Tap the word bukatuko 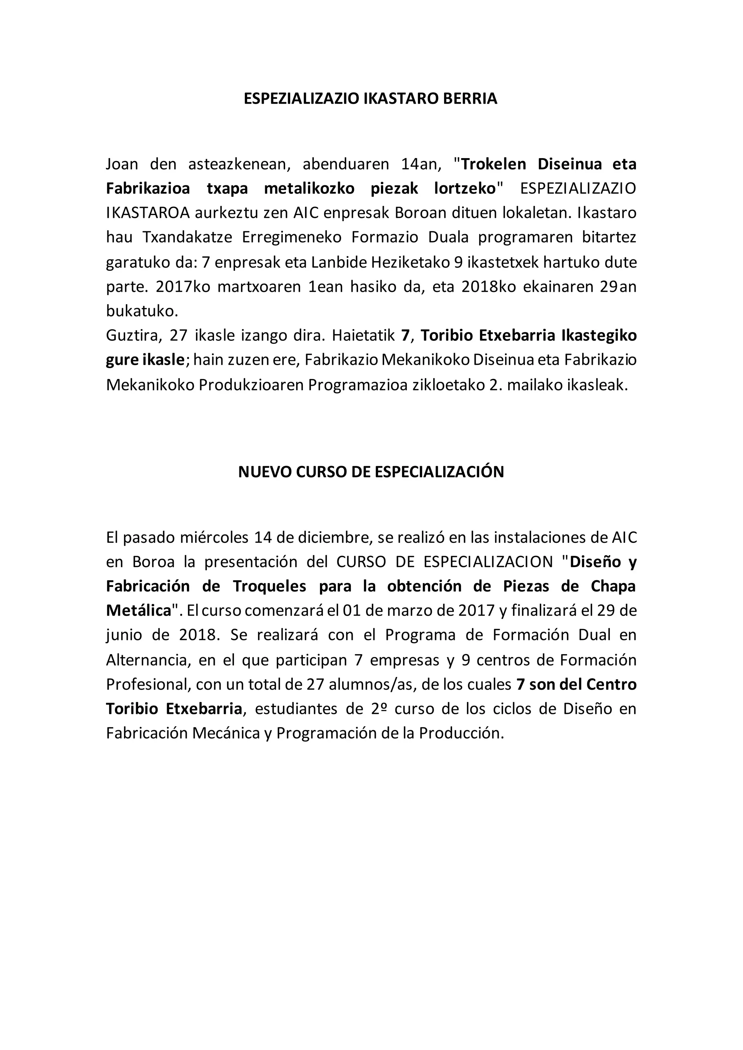tap(142, 311)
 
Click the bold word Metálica tap(139, 611)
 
